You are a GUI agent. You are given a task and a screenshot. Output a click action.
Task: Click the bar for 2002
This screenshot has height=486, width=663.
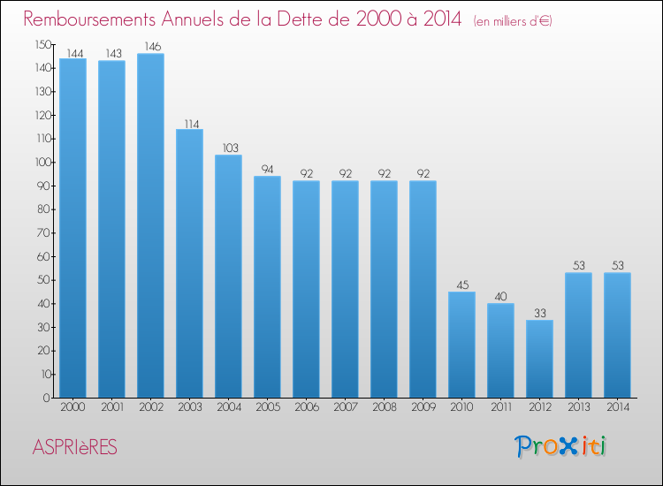point(150,225)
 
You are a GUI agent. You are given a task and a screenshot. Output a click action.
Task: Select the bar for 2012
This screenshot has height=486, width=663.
point(539,359)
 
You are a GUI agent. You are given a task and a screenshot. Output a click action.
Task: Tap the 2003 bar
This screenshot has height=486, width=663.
point(189,263)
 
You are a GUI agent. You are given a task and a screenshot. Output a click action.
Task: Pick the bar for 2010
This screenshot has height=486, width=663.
point(461,345)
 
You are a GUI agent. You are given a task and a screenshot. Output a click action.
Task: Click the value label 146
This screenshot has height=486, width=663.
point(153,47)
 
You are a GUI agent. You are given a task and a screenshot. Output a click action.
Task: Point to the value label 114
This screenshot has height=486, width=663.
point(192,125)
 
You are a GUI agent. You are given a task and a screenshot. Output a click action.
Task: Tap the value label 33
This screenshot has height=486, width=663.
point(540,313)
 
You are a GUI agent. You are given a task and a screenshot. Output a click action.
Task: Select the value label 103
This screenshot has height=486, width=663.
point(231,148)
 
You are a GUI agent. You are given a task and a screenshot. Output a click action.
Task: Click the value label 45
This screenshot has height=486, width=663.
point(462,285)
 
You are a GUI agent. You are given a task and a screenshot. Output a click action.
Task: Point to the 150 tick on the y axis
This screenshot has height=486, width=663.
point(43,45)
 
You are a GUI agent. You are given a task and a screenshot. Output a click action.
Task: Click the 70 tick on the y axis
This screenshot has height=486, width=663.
point(44,233)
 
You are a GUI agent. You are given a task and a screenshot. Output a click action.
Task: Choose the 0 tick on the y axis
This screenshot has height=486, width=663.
point(47,398)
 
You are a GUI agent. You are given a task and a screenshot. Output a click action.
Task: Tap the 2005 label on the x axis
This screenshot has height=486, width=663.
point(268,407)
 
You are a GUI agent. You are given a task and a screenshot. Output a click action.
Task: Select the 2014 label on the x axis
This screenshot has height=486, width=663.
point(618,407)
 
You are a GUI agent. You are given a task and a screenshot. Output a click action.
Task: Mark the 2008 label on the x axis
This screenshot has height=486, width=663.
point(385,407)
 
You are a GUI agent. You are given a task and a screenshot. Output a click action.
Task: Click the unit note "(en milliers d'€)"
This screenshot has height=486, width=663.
point(513,21)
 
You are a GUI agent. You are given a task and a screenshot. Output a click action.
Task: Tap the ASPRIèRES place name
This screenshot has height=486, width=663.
point(75,447)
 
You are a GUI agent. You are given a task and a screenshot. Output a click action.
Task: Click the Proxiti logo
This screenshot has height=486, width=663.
point(560,446)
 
